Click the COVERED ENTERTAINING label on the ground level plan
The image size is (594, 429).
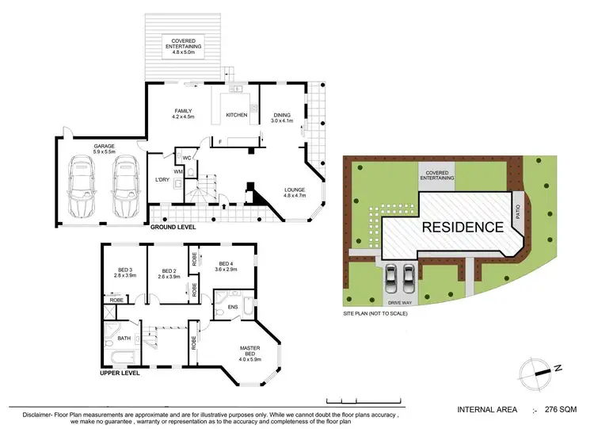click(x=183, y=44)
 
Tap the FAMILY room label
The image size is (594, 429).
click(x=183, y=114)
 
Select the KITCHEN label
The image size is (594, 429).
click(x=237, y=115)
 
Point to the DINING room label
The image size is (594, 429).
click(x=282, y=117)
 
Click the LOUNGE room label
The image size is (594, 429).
click(x=295, y=191)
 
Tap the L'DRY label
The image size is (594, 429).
click(x=163, y=180)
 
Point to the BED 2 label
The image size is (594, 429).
click(x=169, y=272)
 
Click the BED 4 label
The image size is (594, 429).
click(x=227, y=266)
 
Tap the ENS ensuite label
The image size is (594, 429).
click(x=234, y=306)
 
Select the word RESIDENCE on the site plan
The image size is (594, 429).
click(x=462, y=227)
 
